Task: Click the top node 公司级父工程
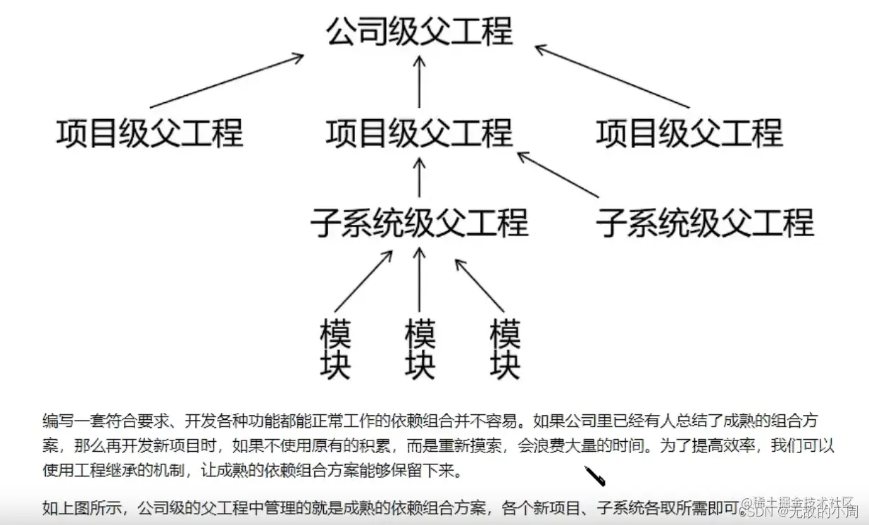coord(420,32)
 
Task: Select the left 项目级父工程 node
coord(149,132)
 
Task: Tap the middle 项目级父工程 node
coord(420,132)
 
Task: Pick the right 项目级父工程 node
coord(689,132)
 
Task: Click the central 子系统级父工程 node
coord(420,223)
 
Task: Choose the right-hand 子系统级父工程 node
coord(705,223)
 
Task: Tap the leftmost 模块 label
coord(335,349)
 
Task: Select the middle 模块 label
coord(420,349)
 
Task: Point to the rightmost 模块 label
coord(505,349)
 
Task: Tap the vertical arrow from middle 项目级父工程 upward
coord(420,81)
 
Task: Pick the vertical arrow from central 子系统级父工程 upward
coord(420,176)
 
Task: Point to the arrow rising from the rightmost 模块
coord(480,285)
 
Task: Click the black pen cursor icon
coord(595,476)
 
